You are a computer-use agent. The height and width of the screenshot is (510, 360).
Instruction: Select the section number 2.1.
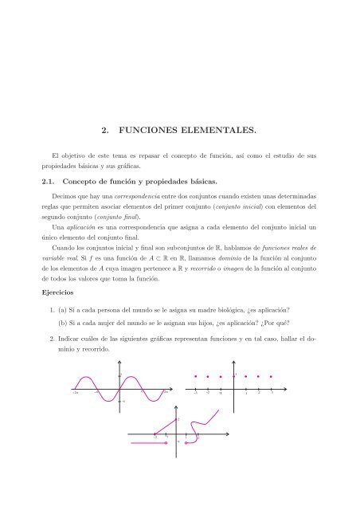[53, 182]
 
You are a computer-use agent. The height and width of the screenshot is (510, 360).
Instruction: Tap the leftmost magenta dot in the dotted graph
[195, 375]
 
